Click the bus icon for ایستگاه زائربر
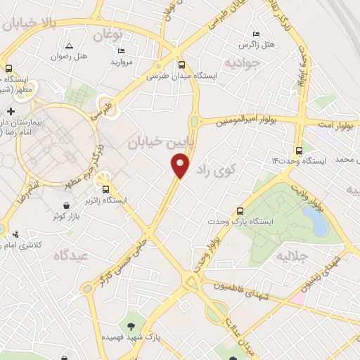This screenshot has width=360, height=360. pos(105,188)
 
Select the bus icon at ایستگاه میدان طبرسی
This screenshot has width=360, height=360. pos(181,63)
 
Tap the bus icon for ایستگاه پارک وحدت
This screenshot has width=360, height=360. pos(240,210)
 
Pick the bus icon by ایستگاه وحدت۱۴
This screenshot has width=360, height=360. pos(300,150)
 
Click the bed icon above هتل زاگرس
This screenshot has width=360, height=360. pos(255,34)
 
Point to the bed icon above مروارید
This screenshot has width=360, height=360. pos(122,51)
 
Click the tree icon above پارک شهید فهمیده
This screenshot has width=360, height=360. pos(131,326)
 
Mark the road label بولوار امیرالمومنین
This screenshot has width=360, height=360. pos(242,120)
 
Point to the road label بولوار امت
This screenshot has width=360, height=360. pos(333,124)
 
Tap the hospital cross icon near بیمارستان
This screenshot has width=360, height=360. pos(11,112)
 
